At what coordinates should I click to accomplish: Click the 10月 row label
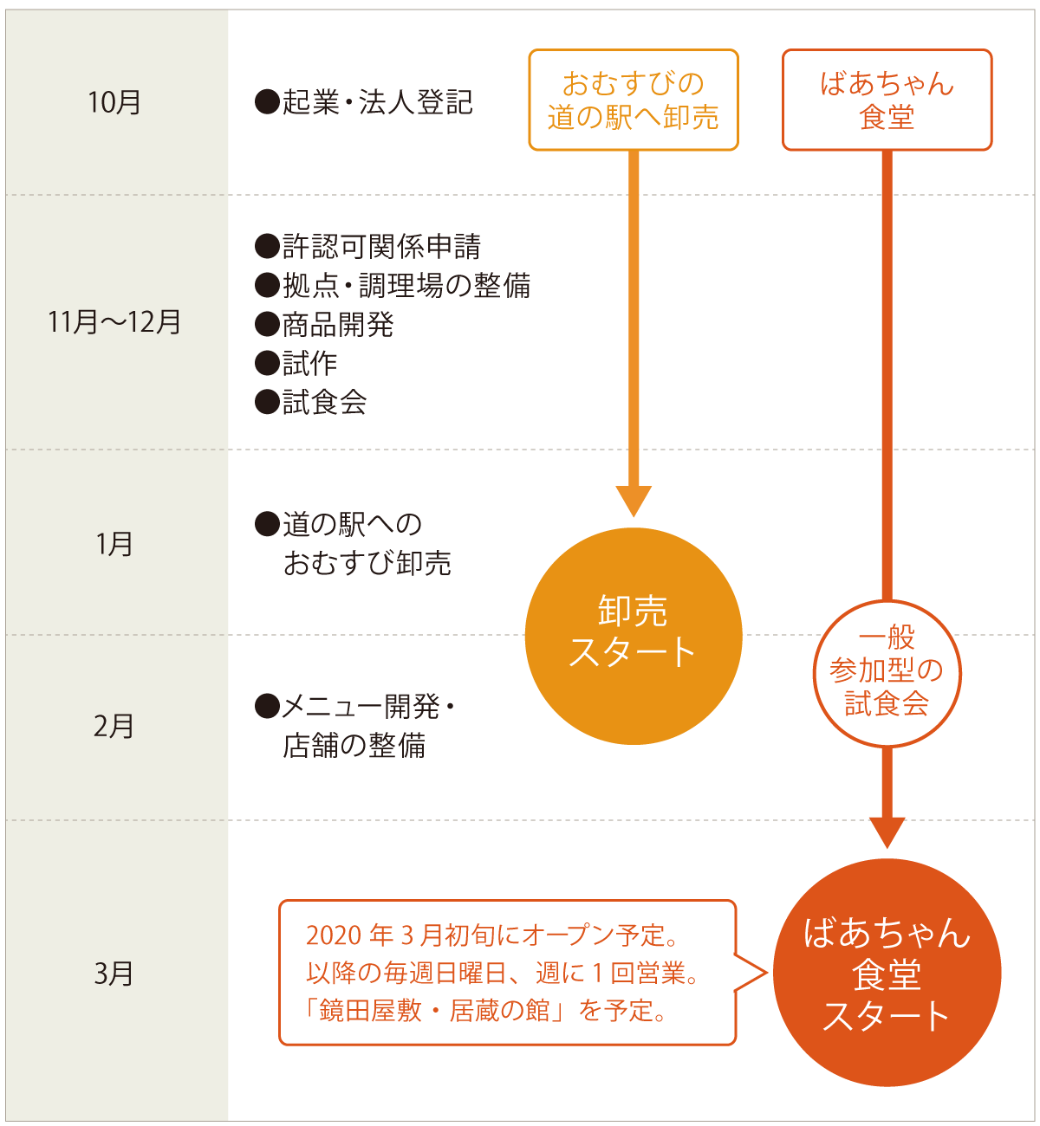[x=114, y=102]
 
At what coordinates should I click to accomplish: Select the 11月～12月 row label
[x=114, y=322]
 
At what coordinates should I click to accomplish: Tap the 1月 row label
[x=114, y=544]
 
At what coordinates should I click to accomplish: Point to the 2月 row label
[x=114, y=726]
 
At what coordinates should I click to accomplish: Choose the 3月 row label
[x=114, y=974]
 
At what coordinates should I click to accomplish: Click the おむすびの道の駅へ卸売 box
[x=634, y=100]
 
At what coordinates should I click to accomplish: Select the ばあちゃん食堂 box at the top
[x=887, y=100]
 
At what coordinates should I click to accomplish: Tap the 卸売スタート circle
[x=634, y=635]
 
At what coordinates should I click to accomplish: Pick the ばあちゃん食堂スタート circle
[x=887, y=974]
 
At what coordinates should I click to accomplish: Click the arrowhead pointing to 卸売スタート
[x=634, y=501]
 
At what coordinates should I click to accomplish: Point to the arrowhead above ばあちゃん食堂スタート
[x=887, y=832]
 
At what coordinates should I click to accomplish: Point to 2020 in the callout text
[x=334, y=935]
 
